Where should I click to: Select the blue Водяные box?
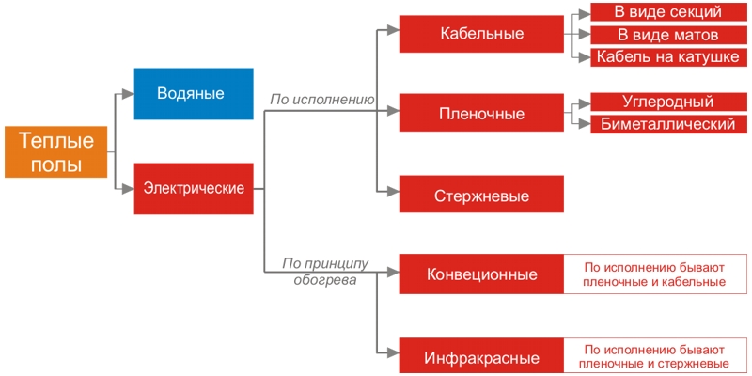click(x=193, y=93)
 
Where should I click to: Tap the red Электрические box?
click(x=193, y=188)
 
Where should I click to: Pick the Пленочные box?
click(x=481, y=114)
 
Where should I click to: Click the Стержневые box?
click(x=481, y=196)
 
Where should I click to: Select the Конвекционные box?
click(x=481, y=274)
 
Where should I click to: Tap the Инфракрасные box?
click(x=481, y=357)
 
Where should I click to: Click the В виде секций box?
click(x=668, y=12)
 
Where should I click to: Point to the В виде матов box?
click(x=668, y=35)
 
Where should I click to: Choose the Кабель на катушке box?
click(x=668, y=57)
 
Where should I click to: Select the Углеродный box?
click(x=668, y=102)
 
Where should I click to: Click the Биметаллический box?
click(x=668, y=124)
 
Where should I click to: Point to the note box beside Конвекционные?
click(x=655, y=274)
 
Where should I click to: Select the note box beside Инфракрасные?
click(x=655, y=357)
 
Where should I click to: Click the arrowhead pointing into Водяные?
click(x=129, y=93)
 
